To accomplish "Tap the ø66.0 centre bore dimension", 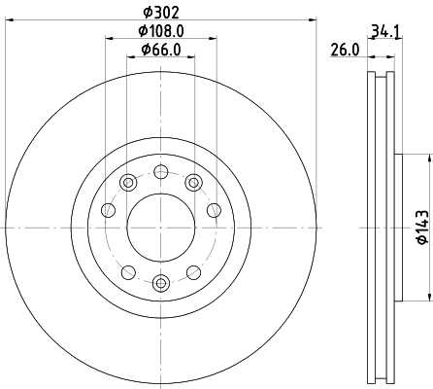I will [x=160, y=50].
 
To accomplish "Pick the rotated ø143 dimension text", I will [x=420, y=227].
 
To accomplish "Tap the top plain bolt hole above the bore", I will [x=161, y=171].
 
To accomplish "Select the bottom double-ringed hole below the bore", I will [x=161, y=283].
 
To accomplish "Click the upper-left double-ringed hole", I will [x=128, y=181].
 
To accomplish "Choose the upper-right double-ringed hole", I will [x=193, y=181].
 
